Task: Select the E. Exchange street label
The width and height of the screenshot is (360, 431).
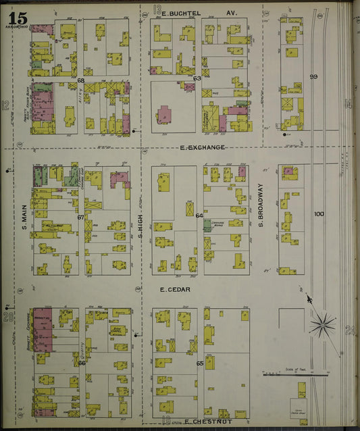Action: (x=202, y=147)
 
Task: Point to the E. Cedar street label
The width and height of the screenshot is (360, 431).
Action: (x=175, y=289)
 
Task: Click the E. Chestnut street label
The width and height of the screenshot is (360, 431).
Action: (x=208, y=422)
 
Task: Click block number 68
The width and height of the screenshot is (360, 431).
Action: (x=80, y=80)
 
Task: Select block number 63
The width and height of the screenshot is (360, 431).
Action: (x=197, y=78)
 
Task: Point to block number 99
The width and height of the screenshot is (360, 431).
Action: (x=313, y=77)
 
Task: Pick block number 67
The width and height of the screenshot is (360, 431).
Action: (x=80, y=217)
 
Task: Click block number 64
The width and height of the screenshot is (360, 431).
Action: (x=199, y=215)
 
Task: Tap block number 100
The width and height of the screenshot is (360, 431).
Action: (x=319, y=214)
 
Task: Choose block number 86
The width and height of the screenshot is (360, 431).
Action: (x=81, y=363)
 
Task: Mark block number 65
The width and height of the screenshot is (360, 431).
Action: (x=199, y=363)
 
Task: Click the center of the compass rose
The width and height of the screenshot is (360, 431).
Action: (x=322, y=324)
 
